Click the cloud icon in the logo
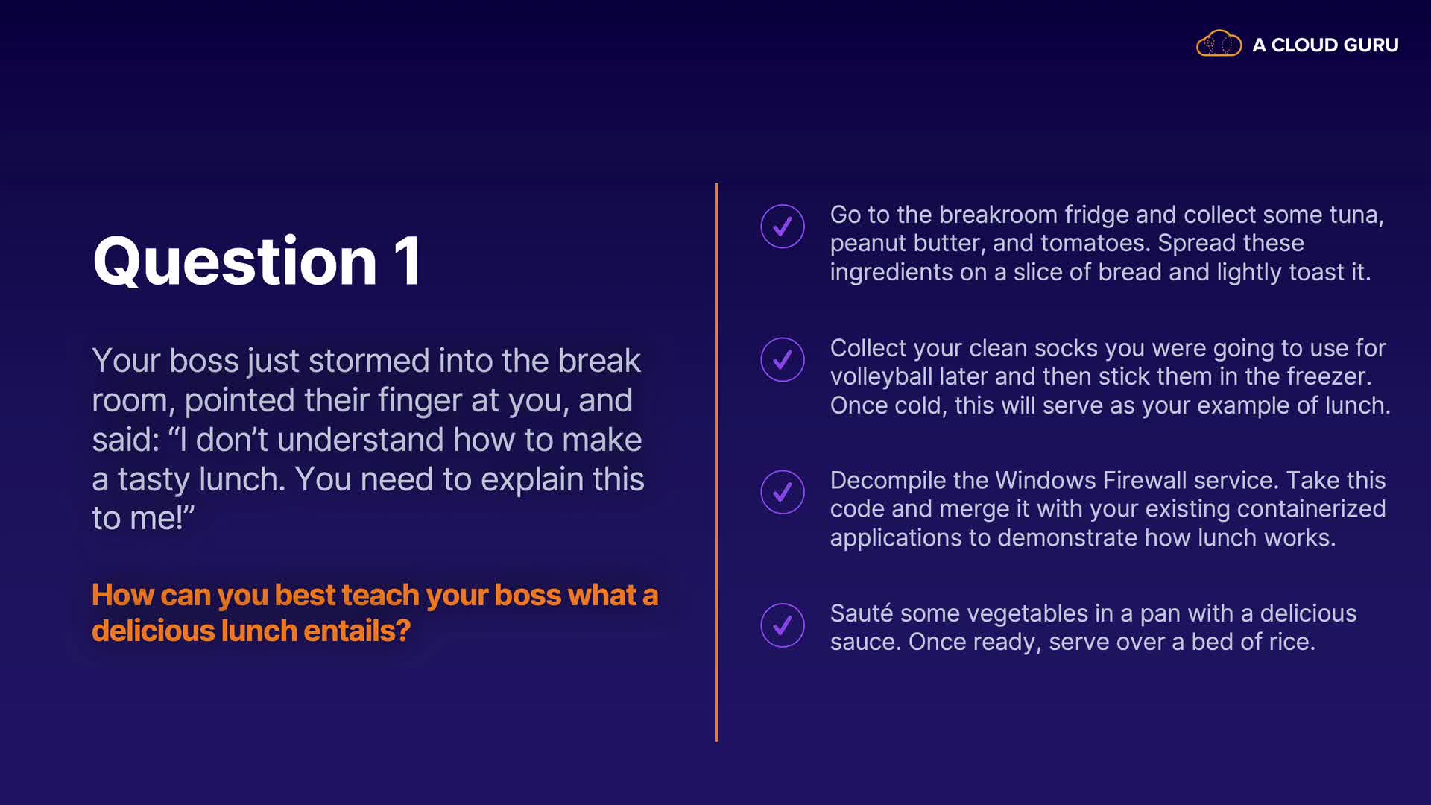[x=1219, y=44]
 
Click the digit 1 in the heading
[x=408, y=261]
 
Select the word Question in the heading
[x=235, y=262]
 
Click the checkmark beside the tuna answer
[x=783, y=226]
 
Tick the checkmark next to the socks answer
[x=783, y=359]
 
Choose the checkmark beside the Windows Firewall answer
[x=783, y=492]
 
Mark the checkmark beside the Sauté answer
[x=783, y=625]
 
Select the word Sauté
[x=862, y=613]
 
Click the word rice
[x=1289, y=642]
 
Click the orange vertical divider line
[x=716, y=462]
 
